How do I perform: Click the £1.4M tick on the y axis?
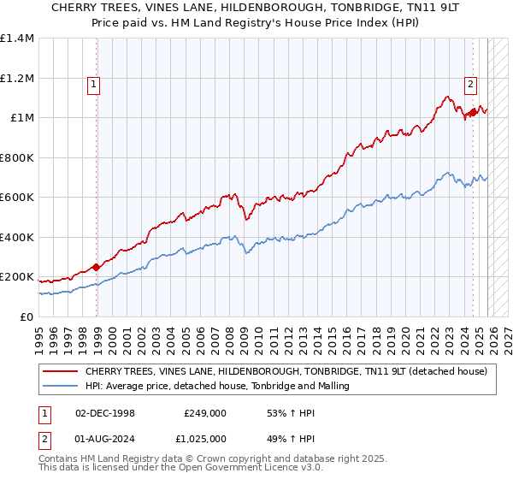pyautogui.click(x=17, y=38)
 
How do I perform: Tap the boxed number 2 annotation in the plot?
pyautogui.click(x=470, y=84)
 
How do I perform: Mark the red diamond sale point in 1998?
pyautogui.click(x=97, y=267)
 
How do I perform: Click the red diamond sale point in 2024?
pyautogui.click(x=473, y=111)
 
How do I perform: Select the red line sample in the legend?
pyautogui.click(x=60, y=372)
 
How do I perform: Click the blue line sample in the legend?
pyautogui.click(x=60, y=387)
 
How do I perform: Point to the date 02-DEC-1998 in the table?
pyautogui.click(x=105, y=412)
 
